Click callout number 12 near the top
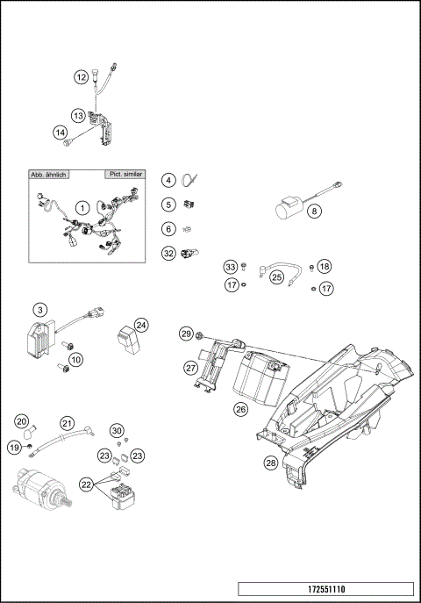(81, 77)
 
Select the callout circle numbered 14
(61, 133)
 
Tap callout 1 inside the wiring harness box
(81, 207)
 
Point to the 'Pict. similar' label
(124, 174)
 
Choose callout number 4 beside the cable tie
(168, 180)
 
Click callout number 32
(168, 254)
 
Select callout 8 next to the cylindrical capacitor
(313, 210)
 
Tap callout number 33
(231, 266)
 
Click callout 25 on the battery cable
(276, 276)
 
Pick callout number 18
(325, 266)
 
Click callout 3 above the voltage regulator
(39, 309)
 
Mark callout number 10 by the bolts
(76, 358)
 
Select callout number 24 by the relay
(141, 325)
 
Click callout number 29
(186, 334)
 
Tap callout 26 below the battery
(240, 408)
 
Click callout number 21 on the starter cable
(67, 422)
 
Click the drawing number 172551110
(325, 589)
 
